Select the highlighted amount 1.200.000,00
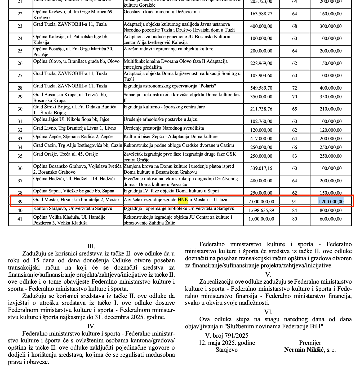coord(331,201)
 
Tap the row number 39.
coord(21,202)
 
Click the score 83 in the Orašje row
coord(295,156)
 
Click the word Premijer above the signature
coord(310,343)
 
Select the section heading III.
coord(91,246)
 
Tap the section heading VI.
coord(268,312)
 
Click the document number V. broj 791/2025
coord(227,336)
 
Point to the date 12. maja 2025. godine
coord(227,343)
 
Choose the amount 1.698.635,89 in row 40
coord(261,210)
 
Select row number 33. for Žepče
coord(21,139)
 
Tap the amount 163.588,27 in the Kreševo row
coord(261,14)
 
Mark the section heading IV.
coord(91,326)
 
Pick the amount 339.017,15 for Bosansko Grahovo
coord(261,169)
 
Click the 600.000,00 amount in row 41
coord(331,219)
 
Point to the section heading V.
coord(268,274)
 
